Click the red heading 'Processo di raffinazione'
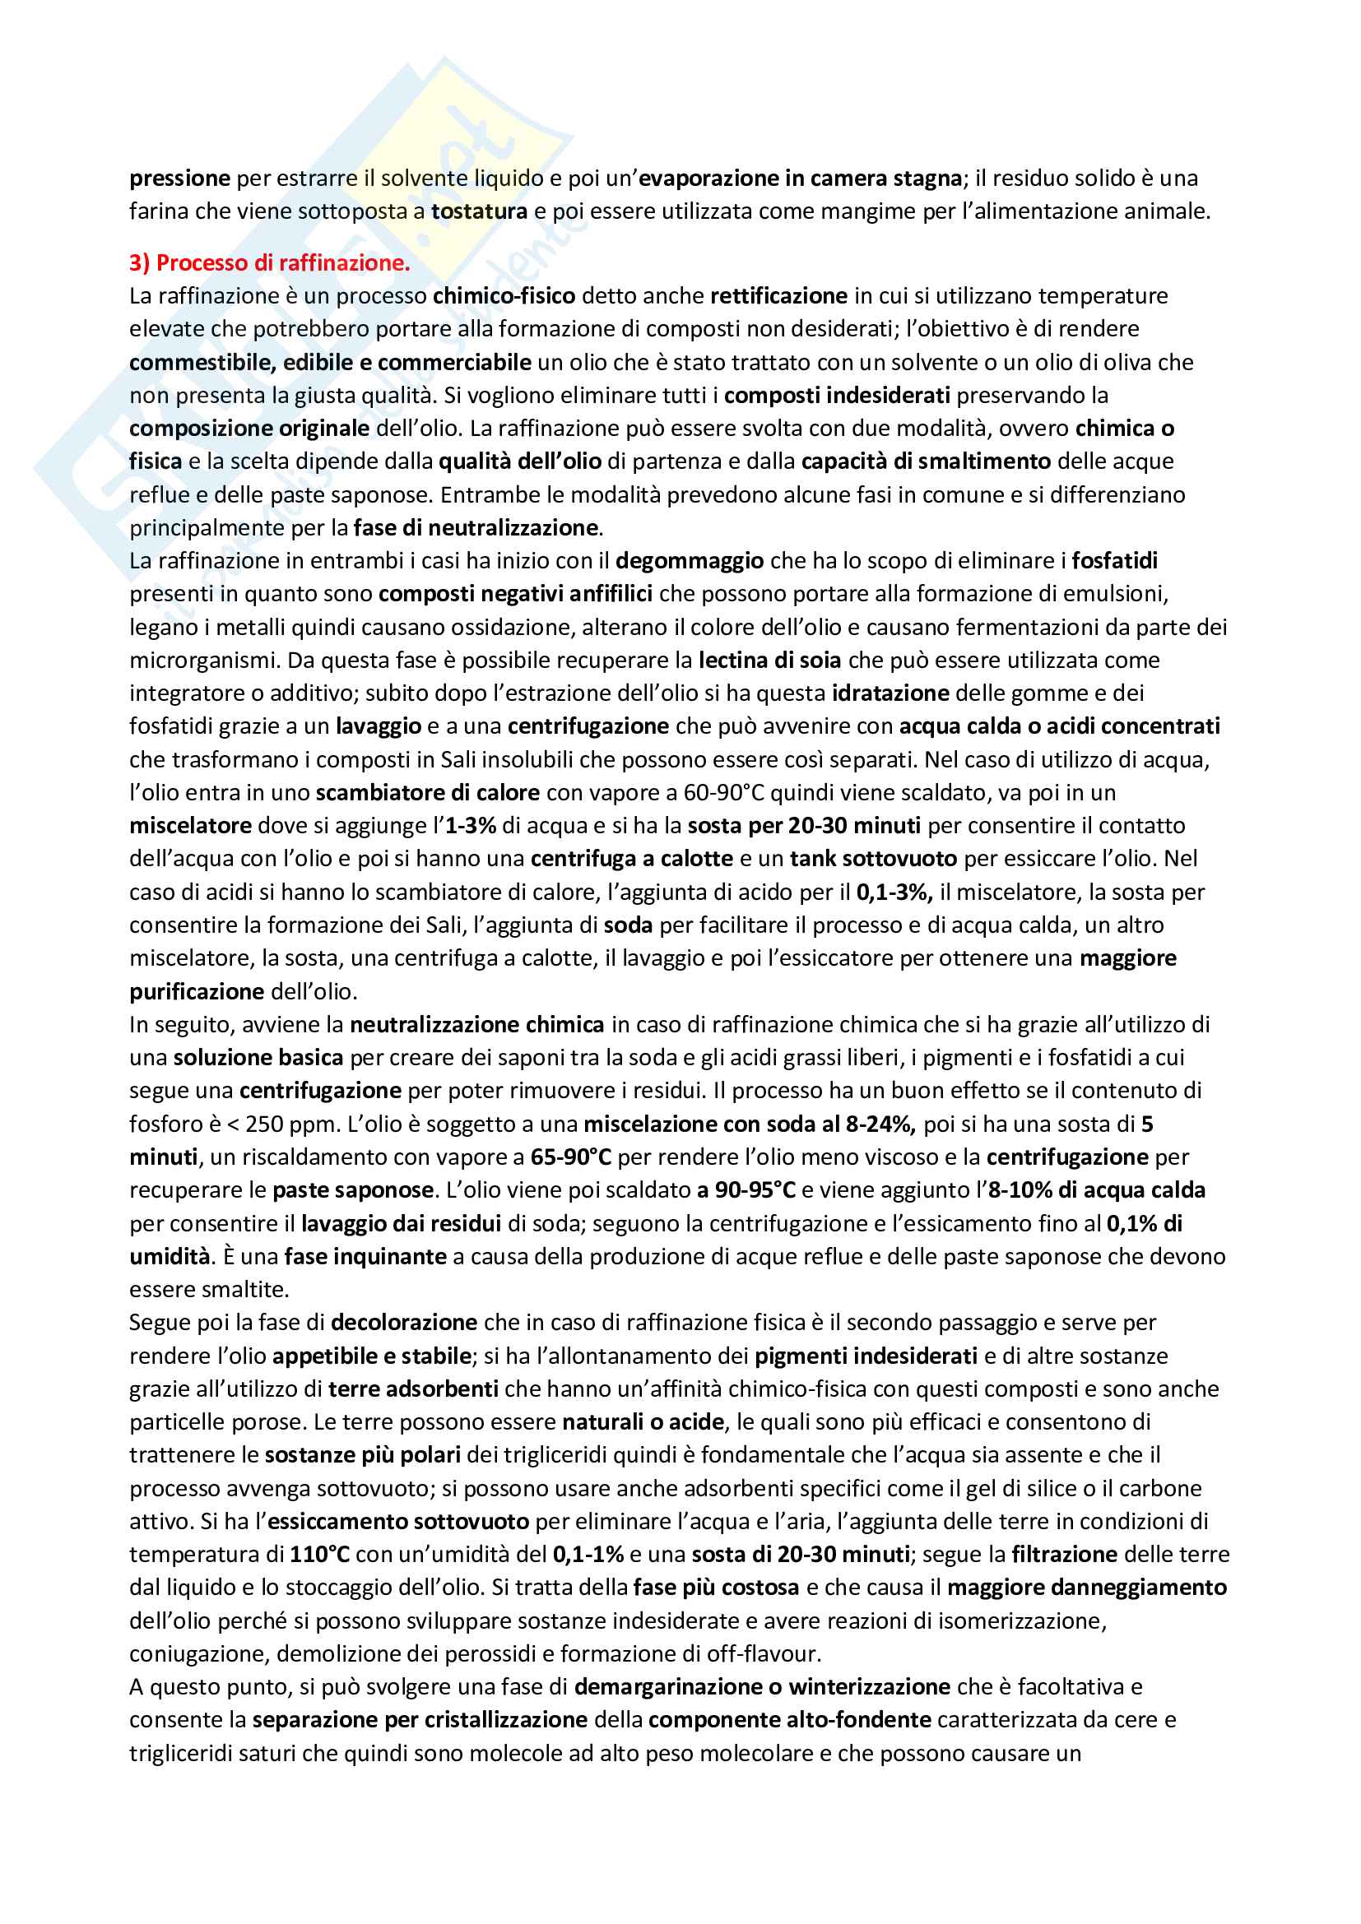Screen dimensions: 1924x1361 click(x=282, y=263)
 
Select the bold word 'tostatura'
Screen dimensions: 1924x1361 click(x=479, y=211)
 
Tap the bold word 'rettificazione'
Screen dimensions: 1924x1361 click(x=778, y=296)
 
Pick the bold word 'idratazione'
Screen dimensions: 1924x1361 click(x=890, y=693)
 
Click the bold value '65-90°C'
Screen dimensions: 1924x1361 click(x=571, y=1157)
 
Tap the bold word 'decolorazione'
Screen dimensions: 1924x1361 click(x=404, y=1323)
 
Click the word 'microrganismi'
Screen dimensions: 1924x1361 click(x=205, y=661)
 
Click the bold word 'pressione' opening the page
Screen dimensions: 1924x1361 click(x=179, y=178)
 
